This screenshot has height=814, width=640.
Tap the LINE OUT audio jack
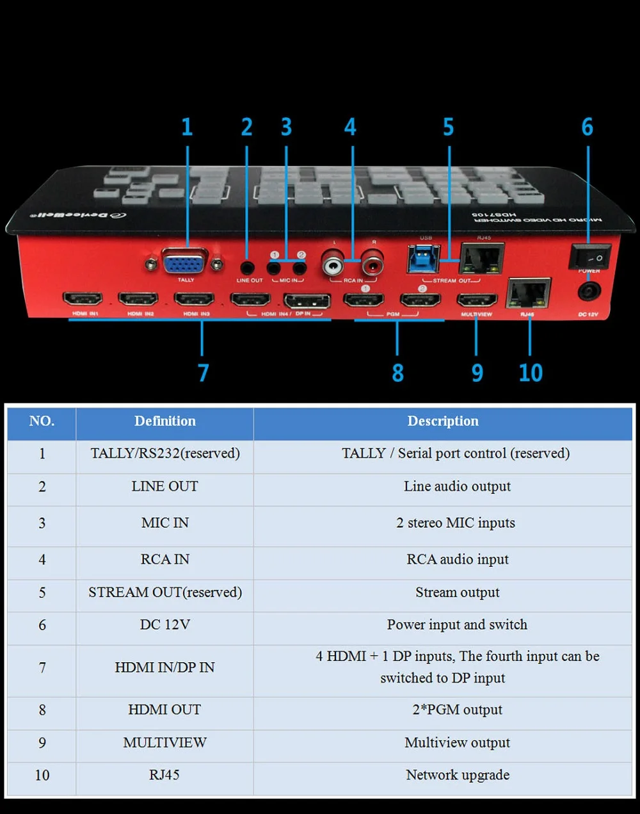click(247, 268)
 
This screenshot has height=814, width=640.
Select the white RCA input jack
click(333, 263)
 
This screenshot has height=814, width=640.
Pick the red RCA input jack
click(372, 263)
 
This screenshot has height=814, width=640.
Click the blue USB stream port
click(423, 259)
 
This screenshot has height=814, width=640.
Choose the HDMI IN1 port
click(83, 299)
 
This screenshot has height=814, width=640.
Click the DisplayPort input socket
click(307, 300)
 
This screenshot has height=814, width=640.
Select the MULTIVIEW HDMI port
click(477, 300)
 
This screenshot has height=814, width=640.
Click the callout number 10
click(531, 373)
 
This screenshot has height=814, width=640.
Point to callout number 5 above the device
click(449, 127)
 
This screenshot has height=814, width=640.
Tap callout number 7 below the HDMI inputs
click(203, 373)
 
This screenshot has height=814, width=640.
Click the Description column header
click(443, 421)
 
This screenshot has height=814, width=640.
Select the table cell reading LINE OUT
click(164, 487)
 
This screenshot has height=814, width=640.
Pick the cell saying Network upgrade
click(458, 776)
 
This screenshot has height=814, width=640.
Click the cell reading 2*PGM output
click(458, 710)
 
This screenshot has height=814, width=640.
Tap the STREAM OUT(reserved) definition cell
click(165, 593)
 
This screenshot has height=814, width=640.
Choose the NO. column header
click(42, 421)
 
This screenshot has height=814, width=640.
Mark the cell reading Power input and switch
click(457, 625)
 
